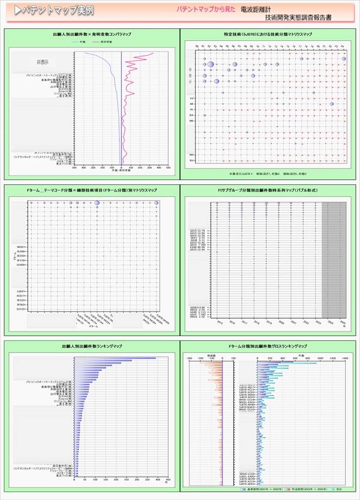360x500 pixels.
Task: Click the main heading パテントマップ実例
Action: (53, 11)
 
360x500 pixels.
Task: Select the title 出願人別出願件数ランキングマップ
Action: (92, 347)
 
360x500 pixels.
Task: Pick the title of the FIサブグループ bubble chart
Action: (267, 190)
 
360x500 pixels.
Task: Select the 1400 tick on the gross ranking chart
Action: (345, 357)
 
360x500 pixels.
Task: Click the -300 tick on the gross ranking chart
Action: (191, 357)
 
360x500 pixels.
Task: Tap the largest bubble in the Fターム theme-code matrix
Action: (97, 203)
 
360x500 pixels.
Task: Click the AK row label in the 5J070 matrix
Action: (191, 104)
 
